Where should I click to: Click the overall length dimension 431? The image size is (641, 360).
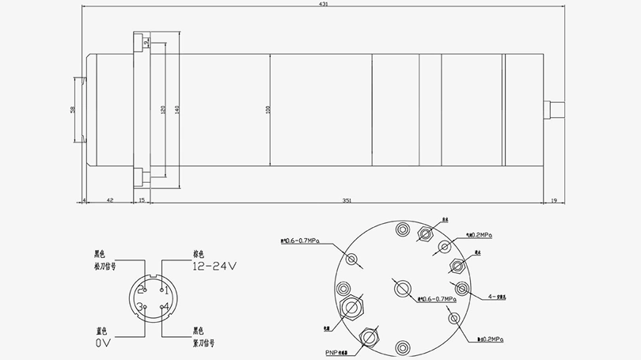[324, 5]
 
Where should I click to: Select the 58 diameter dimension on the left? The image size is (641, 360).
[72, 109]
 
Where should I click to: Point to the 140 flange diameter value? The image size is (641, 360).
[178, 109]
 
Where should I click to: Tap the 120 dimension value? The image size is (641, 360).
[162, 109]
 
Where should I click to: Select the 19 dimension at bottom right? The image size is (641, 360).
[553, 201]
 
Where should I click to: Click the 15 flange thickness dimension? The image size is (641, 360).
[142, 201]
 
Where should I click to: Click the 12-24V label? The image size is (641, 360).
[214, 267]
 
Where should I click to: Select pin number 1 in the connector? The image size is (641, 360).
[166, 291]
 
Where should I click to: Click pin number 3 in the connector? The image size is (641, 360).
[139, 306]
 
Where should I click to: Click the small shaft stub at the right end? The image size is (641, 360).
[553, 109]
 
